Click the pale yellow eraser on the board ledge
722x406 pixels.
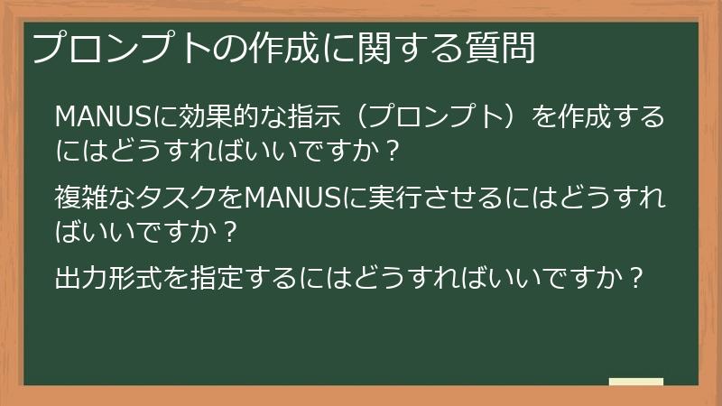(x=636, y=382)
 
